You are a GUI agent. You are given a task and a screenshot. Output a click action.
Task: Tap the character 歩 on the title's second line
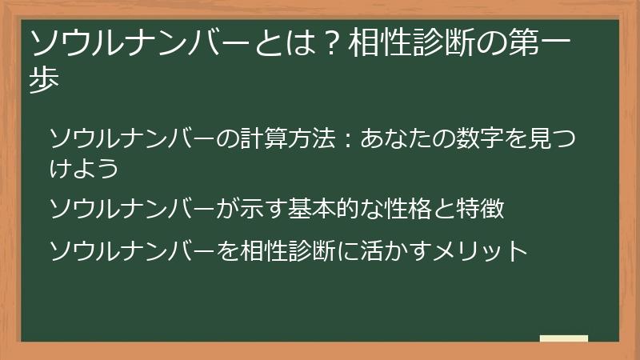point(44,79)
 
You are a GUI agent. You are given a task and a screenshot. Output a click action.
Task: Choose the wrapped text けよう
point(84,168)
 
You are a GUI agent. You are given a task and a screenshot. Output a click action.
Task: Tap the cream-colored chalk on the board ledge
point(564,338)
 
